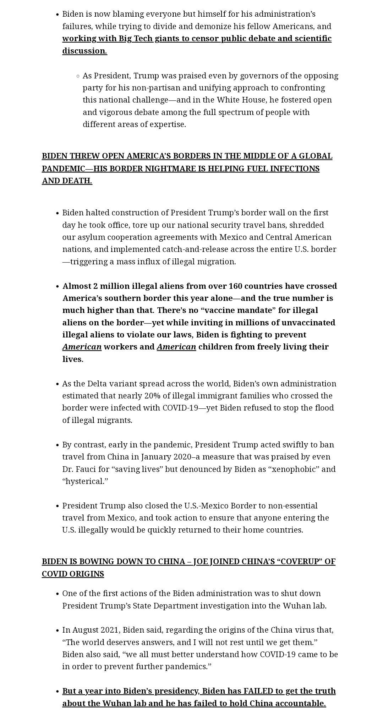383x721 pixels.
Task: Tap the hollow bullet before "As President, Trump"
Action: coord(78,76)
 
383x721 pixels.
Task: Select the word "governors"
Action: coord(258,76)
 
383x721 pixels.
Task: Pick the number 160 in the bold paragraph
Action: coord(236,286)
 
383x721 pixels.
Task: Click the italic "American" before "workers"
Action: coord(82,347)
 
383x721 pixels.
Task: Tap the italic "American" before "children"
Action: coord(176,347)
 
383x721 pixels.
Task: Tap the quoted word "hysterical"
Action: coord(85,481)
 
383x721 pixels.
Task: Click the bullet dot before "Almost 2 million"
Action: coord(57,286)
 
